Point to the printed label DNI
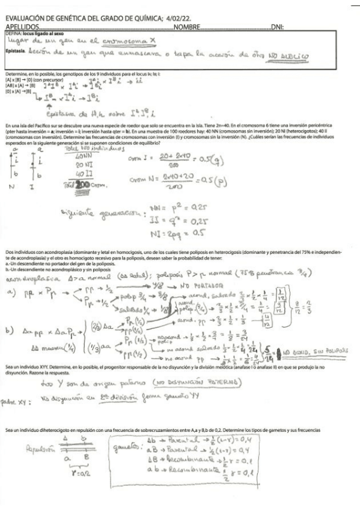tap(277, 28)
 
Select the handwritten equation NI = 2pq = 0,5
tap(197, 230)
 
